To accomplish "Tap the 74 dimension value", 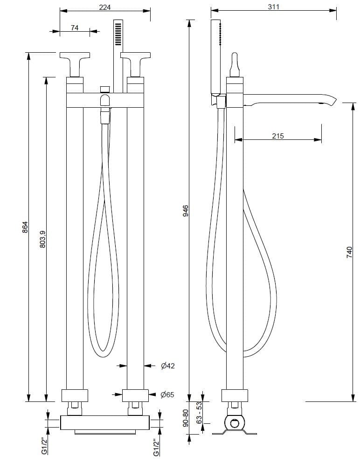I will point(75,28).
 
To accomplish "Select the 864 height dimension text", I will point(26,227).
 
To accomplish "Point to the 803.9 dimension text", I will point(42,238).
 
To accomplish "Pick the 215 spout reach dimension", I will point(277,136).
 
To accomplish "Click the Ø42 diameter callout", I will point(167,366).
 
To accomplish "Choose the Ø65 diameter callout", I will point(167,395).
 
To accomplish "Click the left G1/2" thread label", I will point(44,445).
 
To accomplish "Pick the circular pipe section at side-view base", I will point(235,423).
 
